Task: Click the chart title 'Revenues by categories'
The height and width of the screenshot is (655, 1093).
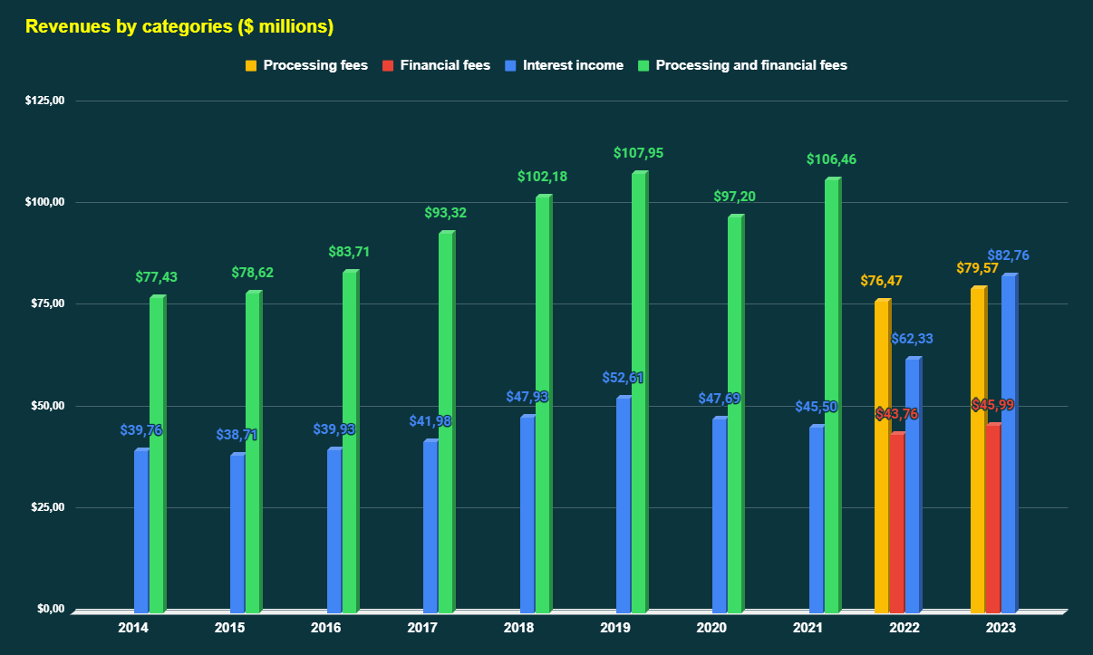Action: [x=179, y=26]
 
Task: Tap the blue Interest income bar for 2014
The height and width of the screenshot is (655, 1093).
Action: [x=141, y=530]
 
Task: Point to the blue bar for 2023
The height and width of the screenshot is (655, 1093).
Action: [x=1009, y=443]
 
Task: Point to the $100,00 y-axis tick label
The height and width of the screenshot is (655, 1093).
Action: [x=44, y=202]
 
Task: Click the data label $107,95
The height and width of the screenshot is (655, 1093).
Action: [x=638, y=153]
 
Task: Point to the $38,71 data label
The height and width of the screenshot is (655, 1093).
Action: [x=237, y=435]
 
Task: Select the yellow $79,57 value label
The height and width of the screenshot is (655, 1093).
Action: [x=977, y=268]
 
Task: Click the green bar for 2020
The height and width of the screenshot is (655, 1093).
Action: [x=735, y=413]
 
